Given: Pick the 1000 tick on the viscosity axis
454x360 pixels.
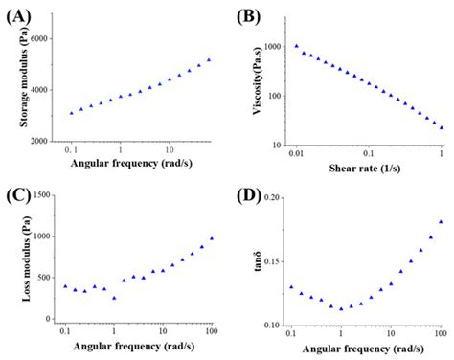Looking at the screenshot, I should point(275,47).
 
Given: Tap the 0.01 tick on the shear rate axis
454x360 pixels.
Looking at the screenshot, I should point(296,154).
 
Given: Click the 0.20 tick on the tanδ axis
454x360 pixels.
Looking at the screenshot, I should point(272,197).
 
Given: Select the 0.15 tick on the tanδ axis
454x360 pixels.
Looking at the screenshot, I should point(272,261).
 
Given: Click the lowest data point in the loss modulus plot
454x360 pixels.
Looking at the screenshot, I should point(114,298).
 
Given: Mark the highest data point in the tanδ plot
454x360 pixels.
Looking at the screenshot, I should point(441,222).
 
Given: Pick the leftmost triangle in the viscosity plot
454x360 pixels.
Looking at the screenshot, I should point(297,45).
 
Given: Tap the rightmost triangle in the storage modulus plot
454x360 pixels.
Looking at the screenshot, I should point(210,59).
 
